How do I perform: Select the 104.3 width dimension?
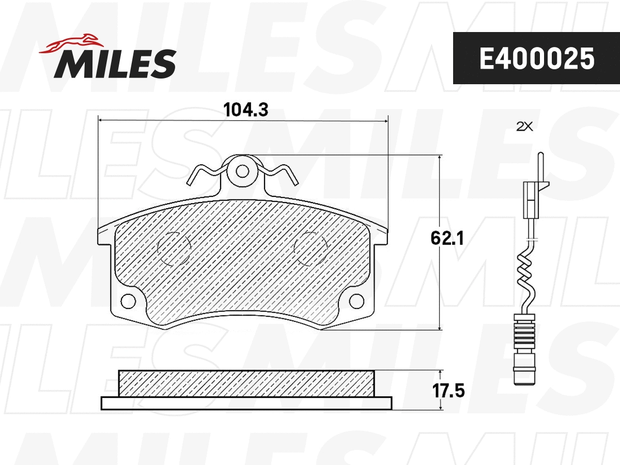point(243,110)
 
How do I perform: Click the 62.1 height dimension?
point(447,238)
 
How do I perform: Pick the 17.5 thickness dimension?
point(448,390)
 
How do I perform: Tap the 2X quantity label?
point(524,126)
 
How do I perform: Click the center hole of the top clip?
point(241,170)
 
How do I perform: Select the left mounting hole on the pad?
point(127,300)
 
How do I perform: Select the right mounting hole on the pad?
point(357,300)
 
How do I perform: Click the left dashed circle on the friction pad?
point(174,249)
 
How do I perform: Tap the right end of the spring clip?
point(294,179)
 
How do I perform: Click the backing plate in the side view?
point(246,403)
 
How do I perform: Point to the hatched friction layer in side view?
point(246,383)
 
